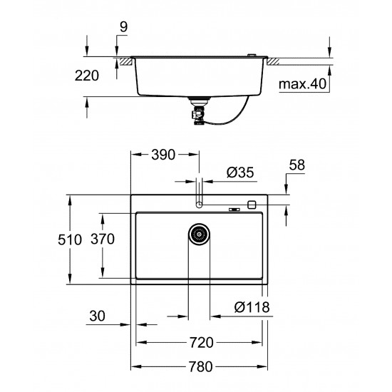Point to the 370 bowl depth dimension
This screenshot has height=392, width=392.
point(103,240)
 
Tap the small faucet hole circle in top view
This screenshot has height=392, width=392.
point(199,205)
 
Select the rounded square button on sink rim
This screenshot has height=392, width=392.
point(251,205)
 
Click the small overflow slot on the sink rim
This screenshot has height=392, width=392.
point(233,209)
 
